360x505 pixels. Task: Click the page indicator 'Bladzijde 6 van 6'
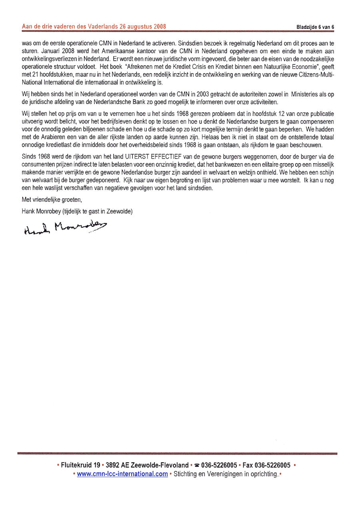tap(315, 27)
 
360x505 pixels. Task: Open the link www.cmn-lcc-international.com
tap(122, 474)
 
